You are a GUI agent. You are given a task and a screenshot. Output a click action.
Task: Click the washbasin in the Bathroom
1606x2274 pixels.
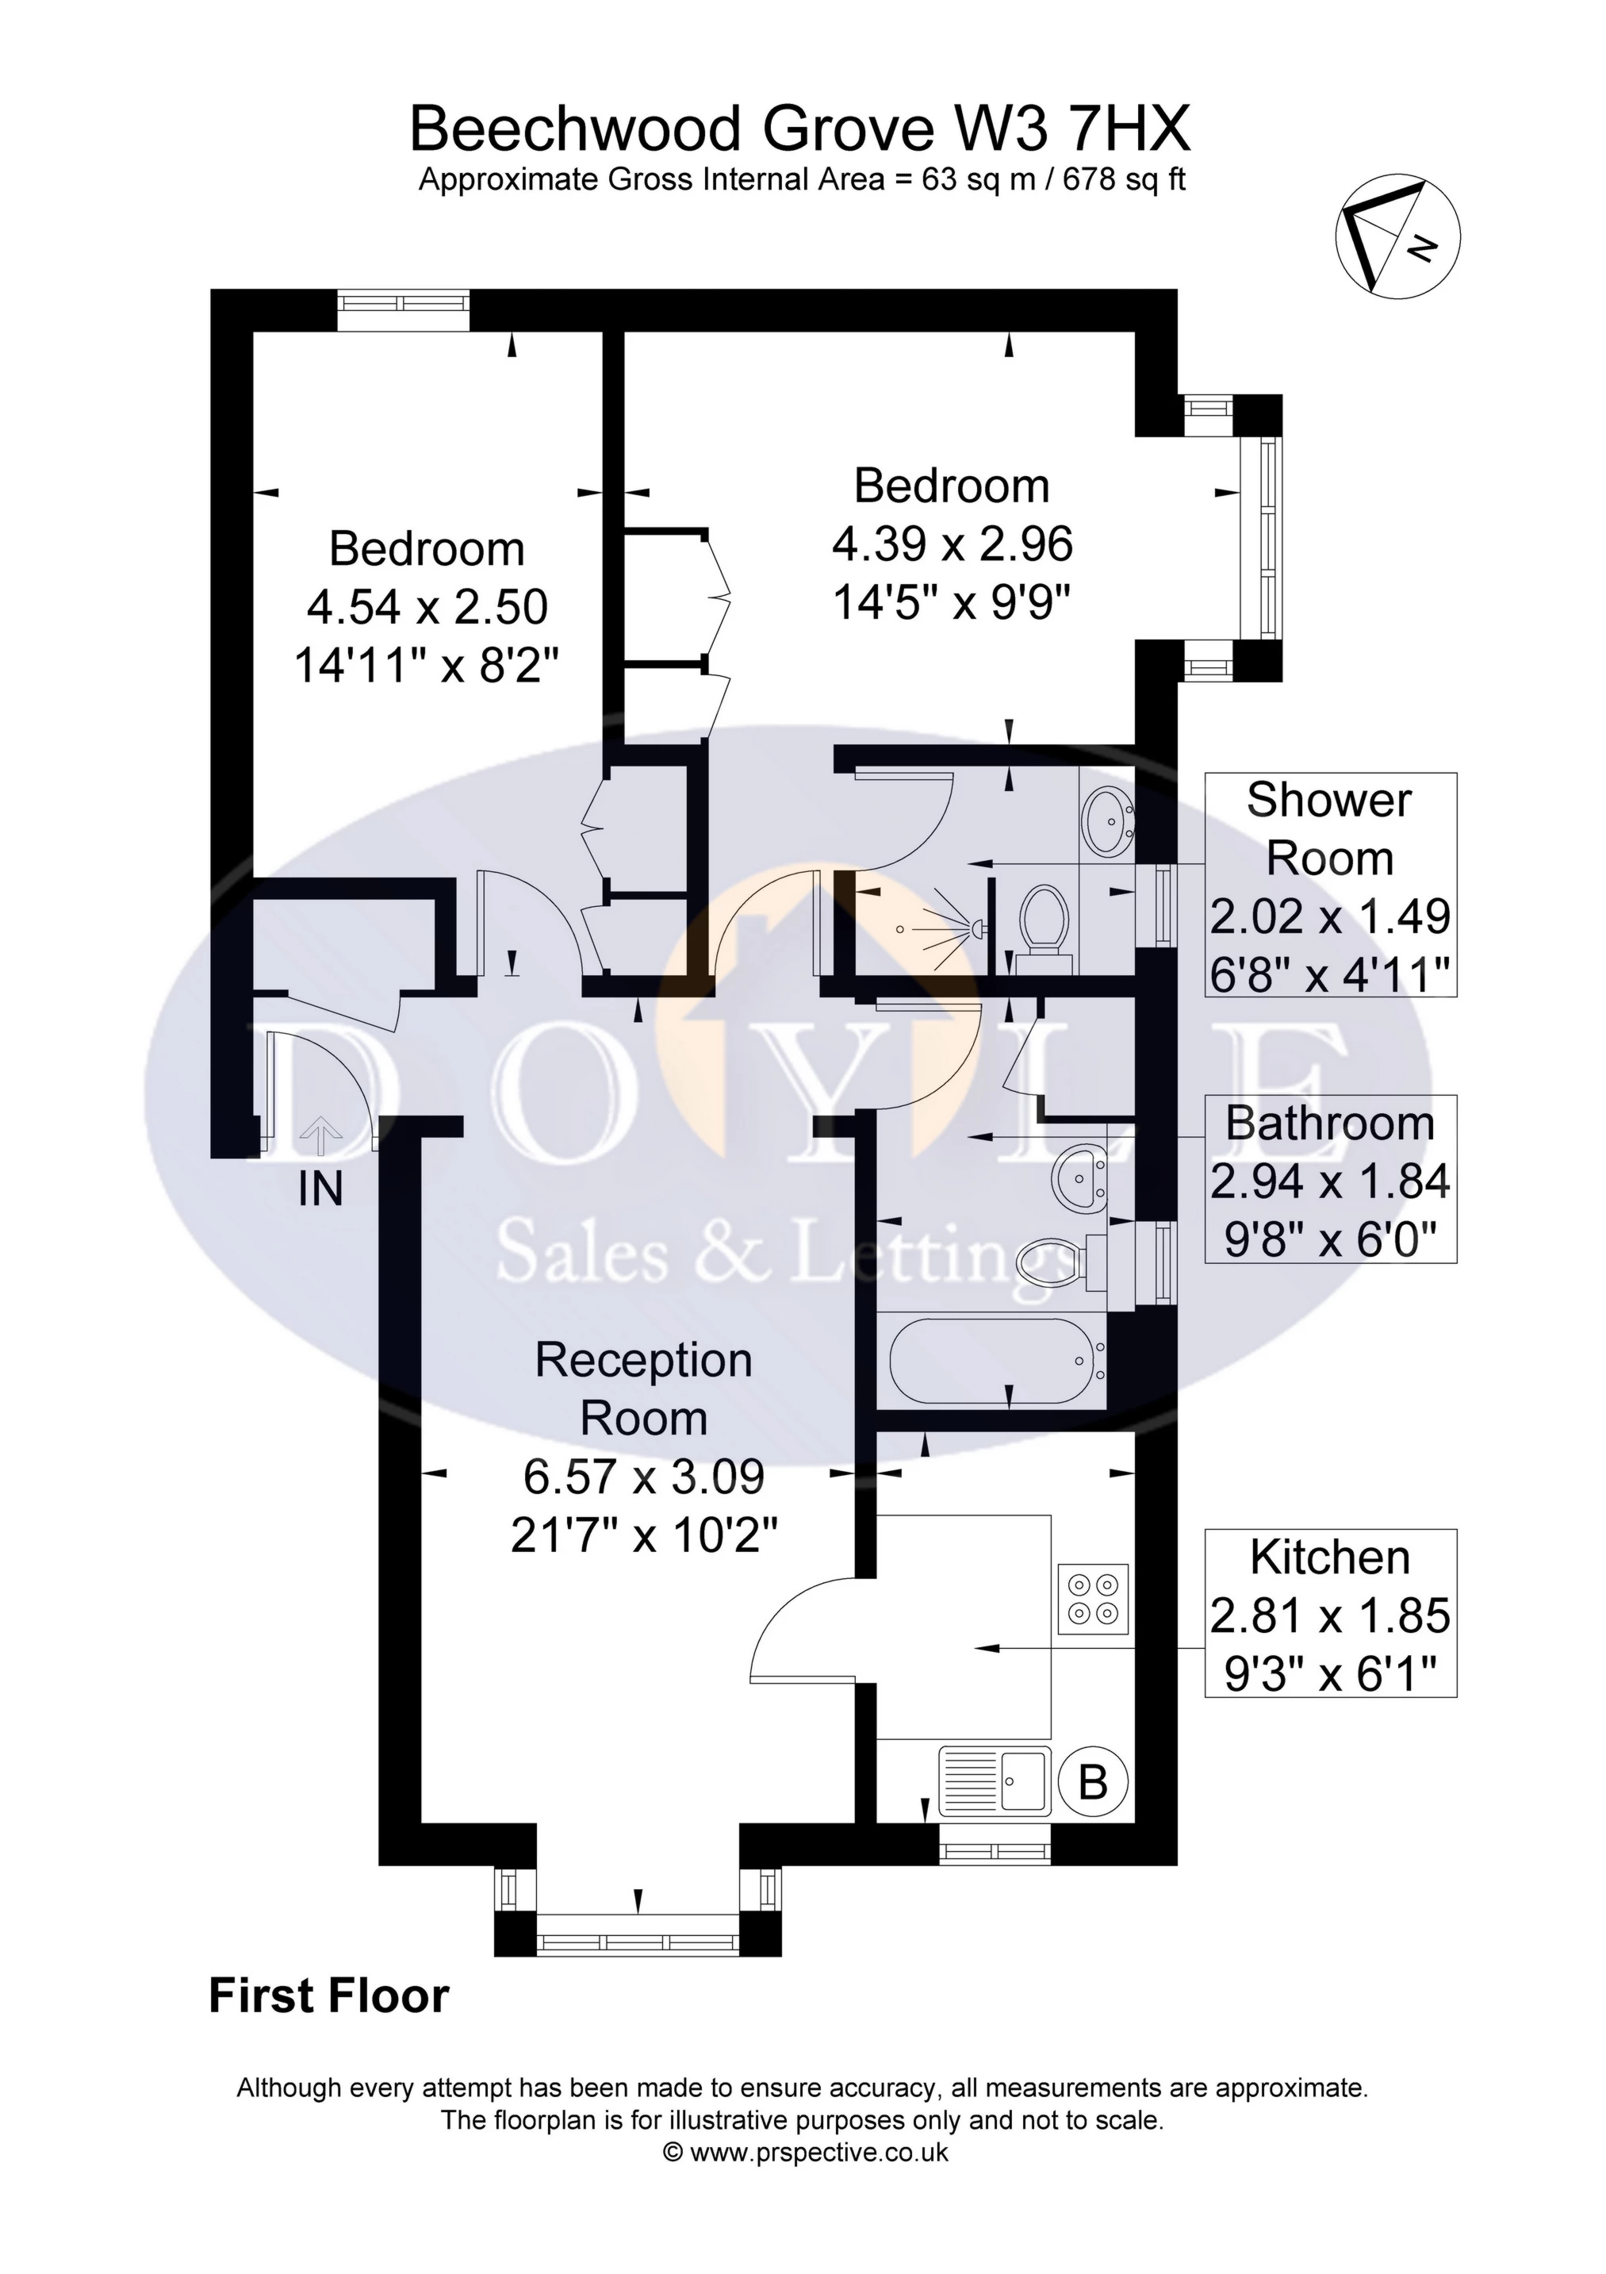pyautogui.click(x=1080, y=1177)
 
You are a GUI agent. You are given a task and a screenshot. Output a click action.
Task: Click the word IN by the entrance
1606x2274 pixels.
pyautogui.click(x=320, y=1189)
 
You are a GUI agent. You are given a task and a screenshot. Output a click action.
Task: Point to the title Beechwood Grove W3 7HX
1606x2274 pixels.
pyautogui.click(x=800, y=130)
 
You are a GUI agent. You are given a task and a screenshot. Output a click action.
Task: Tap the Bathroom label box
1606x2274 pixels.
pyautogui.click(x=1330, y=1178)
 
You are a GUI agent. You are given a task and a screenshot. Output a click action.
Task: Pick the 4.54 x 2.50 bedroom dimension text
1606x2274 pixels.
pyautogui.click(x=427, y=607)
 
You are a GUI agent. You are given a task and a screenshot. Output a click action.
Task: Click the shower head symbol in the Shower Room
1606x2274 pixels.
pyautogui.click(x=975, y=929)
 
